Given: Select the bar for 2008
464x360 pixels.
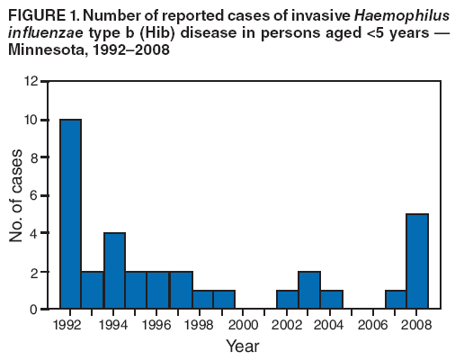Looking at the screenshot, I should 417,262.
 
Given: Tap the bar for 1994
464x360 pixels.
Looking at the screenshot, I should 114,271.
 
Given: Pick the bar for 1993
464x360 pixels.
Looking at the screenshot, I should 93,290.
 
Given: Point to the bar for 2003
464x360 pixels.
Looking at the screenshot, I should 309,290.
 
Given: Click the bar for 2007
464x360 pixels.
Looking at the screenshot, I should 396,300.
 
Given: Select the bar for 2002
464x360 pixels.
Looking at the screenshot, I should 288,300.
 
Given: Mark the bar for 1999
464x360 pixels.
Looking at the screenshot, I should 223,300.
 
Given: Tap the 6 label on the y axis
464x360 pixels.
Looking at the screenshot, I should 33,196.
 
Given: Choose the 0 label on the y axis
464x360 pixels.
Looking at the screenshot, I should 33,310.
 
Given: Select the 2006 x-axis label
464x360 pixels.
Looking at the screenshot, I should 374,324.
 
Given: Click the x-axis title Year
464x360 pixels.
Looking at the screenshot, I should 244,345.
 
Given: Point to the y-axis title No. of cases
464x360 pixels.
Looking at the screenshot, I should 15,195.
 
